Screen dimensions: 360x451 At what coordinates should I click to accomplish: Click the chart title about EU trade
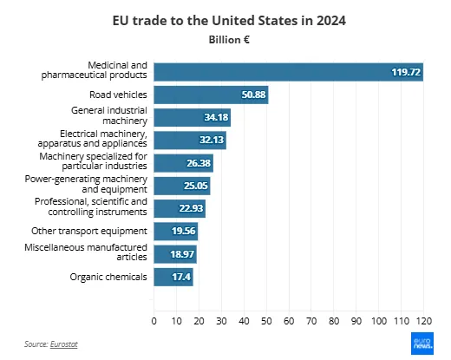(x=225, y=19)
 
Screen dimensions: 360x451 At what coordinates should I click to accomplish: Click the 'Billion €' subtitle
(x=225, y=39)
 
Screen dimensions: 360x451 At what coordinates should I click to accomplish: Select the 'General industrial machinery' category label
(x=109, y=116)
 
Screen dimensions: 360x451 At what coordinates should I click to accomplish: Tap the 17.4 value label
(x=178, y=277)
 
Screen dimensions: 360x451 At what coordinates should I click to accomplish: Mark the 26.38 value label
(x=194, y=163)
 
